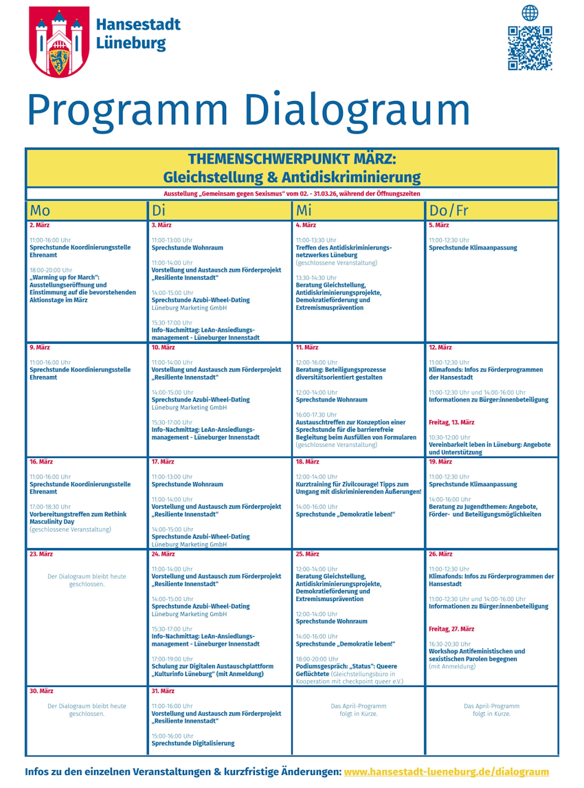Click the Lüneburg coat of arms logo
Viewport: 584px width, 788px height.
pyautogui.click(x=58, y=41)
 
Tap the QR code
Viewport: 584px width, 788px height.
pyautogui.click(x=530, y=48)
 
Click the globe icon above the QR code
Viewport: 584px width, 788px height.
pyautogui.click(x=530, y=12)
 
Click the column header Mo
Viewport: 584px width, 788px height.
pyautogui.click(x=40, y=210)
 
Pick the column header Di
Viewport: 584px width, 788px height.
pyautogui.click(x=159, y=210)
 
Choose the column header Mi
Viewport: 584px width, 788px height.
pyautogui.click(x=304, y=210)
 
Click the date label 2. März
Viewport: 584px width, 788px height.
pyautogui.click(x=39, y=225)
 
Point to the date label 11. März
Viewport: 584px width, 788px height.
pyautogui.click(x=307, y=348)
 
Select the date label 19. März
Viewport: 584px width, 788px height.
pyautogui.click(x=440, y=462)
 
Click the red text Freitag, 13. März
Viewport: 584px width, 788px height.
pyautogui.click(x=451, y=422)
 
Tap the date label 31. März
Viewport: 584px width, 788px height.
pyautogui.click(x=163, y=691)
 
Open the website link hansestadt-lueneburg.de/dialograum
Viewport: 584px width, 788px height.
pyautogui.click(x=446, y=772)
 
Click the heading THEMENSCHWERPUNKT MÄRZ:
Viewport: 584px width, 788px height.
pyautogui.click(x=292, y=159)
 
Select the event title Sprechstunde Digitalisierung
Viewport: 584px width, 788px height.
pyautogui.click(x=192, y=743)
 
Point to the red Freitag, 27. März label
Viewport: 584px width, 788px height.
pyautogui.click(x=451, y=628)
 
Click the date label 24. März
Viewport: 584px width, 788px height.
pyautogui.click(x=163, y=554)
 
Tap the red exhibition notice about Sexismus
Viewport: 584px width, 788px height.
pyautogui.click(x=292, y=194)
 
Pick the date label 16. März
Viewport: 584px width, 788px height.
pyautogui.click(x=41, y=462)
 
